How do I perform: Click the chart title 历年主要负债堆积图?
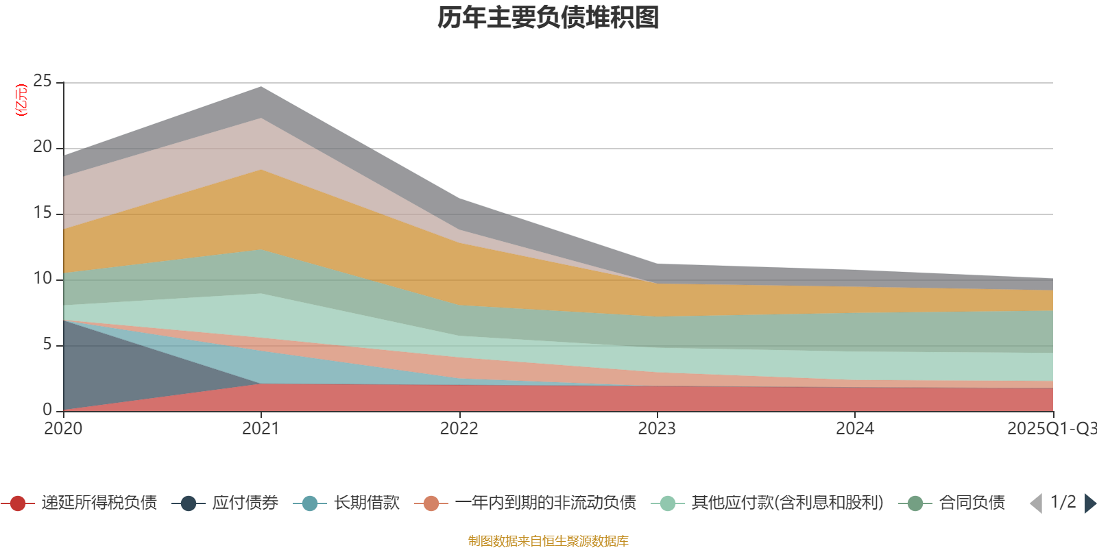[x=548, y=18]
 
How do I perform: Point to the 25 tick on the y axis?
[x=43, y=82]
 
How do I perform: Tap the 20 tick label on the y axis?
[x=43, y=147]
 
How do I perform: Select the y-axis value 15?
[x=43, y=213]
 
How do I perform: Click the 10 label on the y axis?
[x=43, y=279]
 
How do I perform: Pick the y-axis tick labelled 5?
[x=47, y=345]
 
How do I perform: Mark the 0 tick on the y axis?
[x=47, y=410]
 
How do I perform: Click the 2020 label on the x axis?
[x=63, y=429]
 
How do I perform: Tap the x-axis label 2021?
[x=261, y=429]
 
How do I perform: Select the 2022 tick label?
[x=459, y=429]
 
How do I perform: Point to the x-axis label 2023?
[x=657, y=429]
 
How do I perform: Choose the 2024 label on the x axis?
[x=854, y=429]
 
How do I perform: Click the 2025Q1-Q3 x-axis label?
[x=1051, y=429]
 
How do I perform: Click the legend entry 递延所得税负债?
[x=99, y=503]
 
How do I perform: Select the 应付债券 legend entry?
[x=245, y=503]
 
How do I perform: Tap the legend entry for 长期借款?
[x=366, y=503]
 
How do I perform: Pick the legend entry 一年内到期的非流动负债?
[x=545, y=503]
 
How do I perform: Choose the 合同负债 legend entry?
[x=972, y=503]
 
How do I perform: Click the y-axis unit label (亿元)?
[x=21, y=100]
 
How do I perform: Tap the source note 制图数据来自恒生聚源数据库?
[x=548, y=541]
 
